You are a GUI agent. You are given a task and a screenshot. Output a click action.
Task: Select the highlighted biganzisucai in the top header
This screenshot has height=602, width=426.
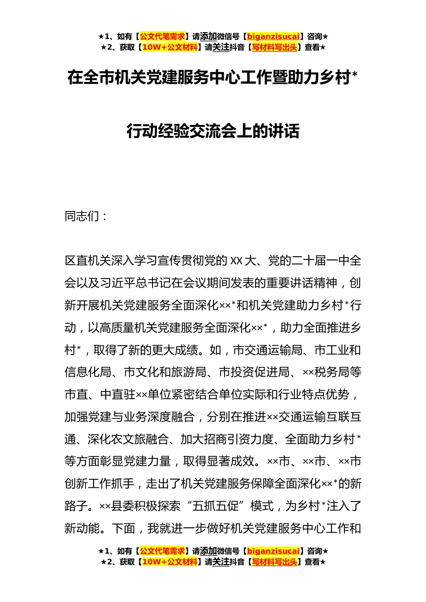click(x=273, y=36)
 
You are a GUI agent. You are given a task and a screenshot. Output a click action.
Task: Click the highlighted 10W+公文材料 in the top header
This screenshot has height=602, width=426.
click(x=170, y=47)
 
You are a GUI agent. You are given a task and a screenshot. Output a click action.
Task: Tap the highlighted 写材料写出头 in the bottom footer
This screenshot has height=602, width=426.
click(x=274, y=562)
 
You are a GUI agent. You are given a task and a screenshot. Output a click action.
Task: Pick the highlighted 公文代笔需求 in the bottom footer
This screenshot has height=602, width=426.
click(x=162, y=551)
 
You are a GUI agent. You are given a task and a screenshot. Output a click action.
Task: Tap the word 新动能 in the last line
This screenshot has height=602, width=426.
click(x=82, y=529)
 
